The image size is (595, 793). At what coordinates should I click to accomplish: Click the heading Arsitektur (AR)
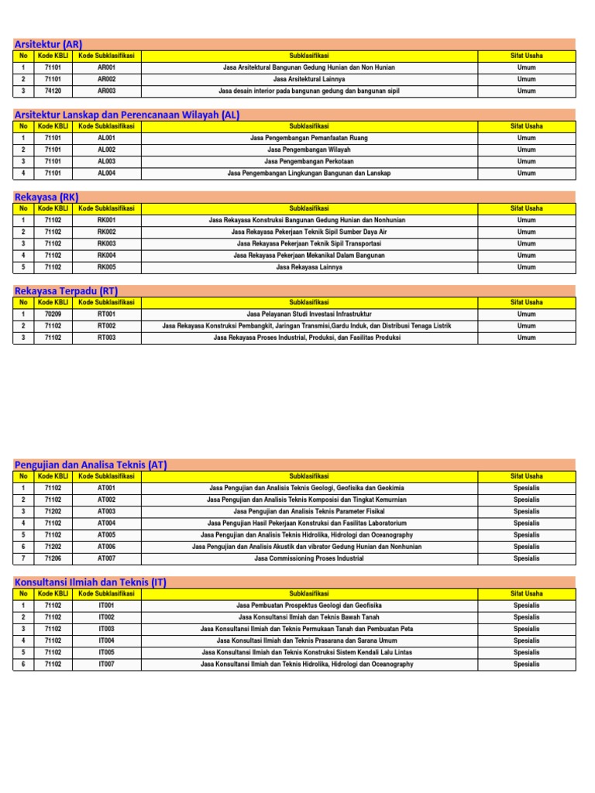(x=49, y=44)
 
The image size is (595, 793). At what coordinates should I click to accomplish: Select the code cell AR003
(x=106, y=91)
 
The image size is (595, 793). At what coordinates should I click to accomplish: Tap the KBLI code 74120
(x=53, y=91)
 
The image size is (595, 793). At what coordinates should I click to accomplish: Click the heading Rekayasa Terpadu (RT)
(x=66, y=290)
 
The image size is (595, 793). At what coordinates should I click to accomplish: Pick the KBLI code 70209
(x=53, y=314)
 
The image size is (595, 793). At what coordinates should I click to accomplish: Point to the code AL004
(x=106, y=173)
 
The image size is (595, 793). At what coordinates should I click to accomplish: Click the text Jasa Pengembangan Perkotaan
(x=309, y=161)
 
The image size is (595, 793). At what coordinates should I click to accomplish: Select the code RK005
(x=106, y=267)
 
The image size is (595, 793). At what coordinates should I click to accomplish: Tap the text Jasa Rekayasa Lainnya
(x=309, y=267)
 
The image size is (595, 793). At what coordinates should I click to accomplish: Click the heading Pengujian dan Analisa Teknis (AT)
(x=91, y=465)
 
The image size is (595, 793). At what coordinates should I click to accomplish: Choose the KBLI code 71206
(x=53, y=558)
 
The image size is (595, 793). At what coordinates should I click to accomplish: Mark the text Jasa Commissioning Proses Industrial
(x=309, y=558)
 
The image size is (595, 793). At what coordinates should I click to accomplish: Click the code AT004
(x=106, y=524)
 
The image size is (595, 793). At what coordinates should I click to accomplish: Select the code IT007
(x=106, y=664)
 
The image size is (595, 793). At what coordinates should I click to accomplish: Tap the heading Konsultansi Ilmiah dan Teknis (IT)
(x=91, y=582)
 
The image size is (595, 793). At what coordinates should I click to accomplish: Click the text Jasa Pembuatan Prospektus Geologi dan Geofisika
(x=309, y=606)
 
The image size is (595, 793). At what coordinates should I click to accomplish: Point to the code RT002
(x=106, y=326)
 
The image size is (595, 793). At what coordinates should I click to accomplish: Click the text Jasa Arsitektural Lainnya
(x=309, y=79)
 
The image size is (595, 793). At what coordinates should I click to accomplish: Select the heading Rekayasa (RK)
(x=46, y=197)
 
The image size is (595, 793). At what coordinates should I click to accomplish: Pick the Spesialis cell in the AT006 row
(x=527, y=547)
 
